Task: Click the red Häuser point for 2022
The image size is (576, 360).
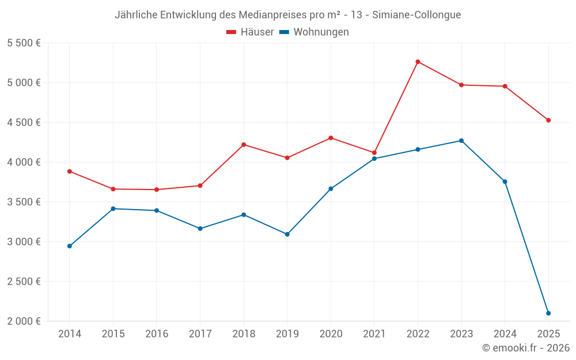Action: pyautogui.click(x=418, y=62)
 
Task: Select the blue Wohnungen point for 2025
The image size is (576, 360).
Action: pyautogui.click(x=548, y=313)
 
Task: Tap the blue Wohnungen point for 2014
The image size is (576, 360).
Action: pyautogui.click(x=70, y=246)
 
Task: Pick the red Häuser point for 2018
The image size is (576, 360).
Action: pyautogui.click(x=244, y=145)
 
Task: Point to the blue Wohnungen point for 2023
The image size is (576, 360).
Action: pyautogui.click(x=461, y=141)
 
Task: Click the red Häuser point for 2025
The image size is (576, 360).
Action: pyautogui.click(x=548, y=120)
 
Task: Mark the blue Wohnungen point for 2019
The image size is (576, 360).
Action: pyautogui.click(x=287, y=234)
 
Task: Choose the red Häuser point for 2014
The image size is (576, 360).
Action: pyautogui.click(x=70, y=171)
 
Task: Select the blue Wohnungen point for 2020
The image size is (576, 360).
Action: pyautogui.click(x=331, y=189)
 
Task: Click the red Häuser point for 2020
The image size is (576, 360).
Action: pyautogui.click(x=331, y=138)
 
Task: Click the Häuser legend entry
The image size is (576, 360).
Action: pyautogui.click(x=250, y=32)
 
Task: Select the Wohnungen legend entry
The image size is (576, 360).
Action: pyautogui.click(x=314, y=32)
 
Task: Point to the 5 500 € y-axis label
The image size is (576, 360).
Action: pyautogui.click(x=24, y=43)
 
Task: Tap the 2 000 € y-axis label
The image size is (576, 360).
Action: pyautogui.click(x=24, y=321)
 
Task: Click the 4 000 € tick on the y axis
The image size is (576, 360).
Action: pyautogui.click(x=24, y=162)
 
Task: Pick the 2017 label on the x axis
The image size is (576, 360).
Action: pyautogui.click(x=200, y=334)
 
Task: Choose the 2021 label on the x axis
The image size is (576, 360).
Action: pyautogui.click(x=374, y=334)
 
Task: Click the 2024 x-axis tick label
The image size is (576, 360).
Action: pyautogui.click(x=505, y=334)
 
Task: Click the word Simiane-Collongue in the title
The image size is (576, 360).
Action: pyautogui.click(x=416, y=15)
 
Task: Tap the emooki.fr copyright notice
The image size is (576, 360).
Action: pyautogui.click(x=526, y=348)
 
